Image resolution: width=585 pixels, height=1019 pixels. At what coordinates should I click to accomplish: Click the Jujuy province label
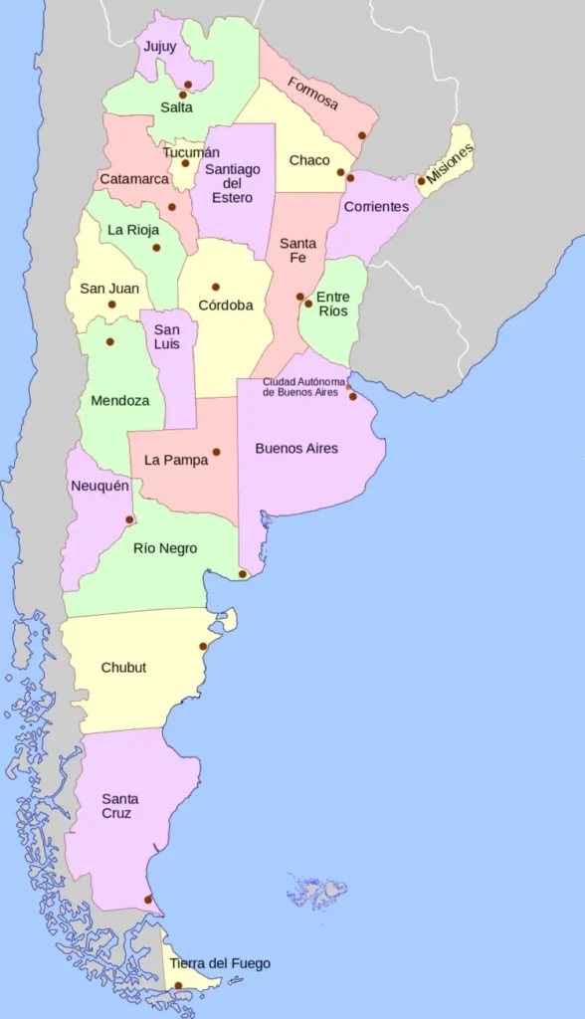click(159, 47)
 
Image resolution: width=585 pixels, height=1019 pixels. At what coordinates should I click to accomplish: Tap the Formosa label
click(313, 95)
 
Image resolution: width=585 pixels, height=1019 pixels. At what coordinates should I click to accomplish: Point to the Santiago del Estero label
click(233, 183)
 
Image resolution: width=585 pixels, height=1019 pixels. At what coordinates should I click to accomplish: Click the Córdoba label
click(226, 306)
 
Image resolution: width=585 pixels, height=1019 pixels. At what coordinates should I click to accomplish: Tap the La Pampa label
click(176, 460)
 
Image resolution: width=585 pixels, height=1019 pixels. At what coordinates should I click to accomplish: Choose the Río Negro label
click(165, 548)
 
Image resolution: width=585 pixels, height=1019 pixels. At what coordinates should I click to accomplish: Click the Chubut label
click(123, 667)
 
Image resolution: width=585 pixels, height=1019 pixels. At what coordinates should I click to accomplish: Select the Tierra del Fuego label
click(220, 963)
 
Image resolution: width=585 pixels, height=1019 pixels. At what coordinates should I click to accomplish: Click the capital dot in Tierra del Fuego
click(178, 986)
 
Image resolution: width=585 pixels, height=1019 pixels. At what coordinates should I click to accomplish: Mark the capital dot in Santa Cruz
click(148, 900)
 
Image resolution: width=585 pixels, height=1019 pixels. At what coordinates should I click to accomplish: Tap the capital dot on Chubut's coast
click(203, 647)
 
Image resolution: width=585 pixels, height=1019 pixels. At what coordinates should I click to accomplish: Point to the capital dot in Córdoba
click(216, 287)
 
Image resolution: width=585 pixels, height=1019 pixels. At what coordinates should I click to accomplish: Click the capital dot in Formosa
click(362, 135)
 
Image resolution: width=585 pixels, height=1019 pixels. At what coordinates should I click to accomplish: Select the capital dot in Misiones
click(422, 181)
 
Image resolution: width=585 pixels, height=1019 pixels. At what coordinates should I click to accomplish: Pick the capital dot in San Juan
click(111, 305)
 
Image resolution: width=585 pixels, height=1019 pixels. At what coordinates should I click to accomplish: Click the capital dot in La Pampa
click(216, 452)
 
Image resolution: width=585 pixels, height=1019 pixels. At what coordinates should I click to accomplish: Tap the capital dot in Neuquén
click(129, 519)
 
